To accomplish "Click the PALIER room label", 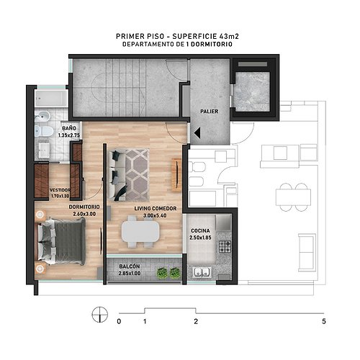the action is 210,112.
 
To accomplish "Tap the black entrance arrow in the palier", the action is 197,132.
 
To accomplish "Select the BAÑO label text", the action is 69,128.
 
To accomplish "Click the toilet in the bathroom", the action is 44,131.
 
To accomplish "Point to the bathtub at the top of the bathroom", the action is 51,99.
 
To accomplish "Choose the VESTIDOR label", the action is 60,190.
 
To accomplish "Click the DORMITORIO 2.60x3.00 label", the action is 84,210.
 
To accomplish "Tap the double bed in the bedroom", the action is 61,241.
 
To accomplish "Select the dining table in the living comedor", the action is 140,232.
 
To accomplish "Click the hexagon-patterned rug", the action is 137,175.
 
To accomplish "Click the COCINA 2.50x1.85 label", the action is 200,234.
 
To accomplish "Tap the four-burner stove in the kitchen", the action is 225,247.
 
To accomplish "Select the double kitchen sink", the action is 202,272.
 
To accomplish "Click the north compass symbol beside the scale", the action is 99,315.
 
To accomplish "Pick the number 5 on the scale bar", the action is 324,321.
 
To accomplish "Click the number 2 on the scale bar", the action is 196,321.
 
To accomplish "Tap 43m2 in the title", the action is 229,36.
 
